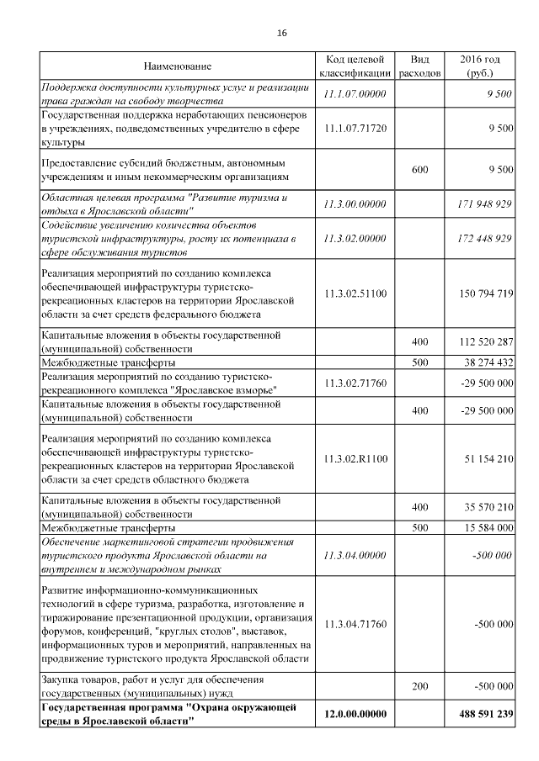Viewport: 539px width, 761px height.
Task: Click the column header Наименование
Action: tap(177, 66)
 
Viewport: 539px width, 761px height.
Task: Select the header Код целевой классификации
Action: tap(355, 66)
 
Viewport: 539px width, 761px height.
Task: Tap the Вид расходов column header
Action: tap(419, 66)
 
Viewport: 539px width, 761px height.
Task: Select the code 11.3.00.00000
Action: tap(355, 204)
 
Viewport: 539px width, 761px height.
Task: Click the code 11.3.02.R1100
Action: tap(355, 459)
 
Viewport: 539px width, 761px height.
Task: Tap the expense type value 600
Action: tap(419, 170)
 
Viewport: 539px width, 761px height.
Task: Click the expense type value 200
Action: tap(419, 687)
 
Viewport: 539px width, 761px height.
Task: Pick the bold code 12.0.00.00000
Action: tap(355, 715)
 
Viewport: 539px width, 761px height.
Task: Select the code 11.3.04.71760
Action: tap(355, 625)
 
